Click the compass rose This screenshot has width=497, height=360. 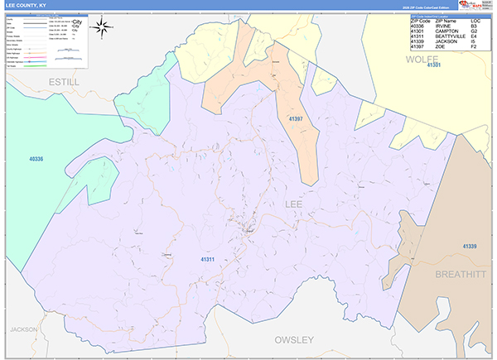point(104,27)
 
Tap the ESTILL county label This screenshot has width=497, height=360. point(63,83)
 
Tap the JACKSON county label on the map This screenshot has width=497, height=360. point(24,329)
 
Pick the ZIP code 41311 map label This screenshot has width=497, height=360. point(207,260)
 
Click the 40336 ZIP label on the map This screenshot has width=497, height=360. point(36,158)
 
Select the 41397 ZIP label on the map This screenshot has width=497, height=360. point(296,121)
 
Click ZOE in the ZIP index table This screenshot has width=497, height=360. point(440,46)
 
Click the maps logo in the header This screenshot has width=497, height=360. point(471,5)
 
